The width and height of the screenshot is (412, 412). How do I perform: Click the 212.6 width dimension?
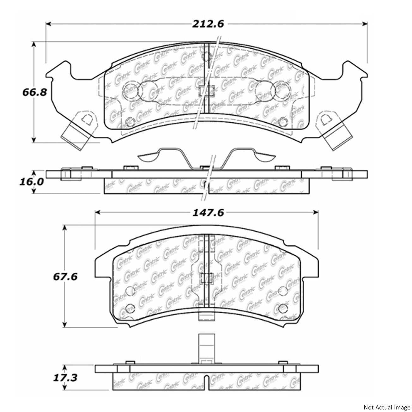tap(207, 24)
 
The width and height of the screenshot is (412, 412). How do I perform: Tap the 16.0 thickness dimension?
tap(34, 182)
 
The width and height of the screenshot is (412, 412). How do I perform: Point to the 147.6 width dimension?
tap(207, 213)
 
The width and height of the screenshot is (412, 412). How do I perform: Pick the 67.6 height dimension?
tap(65, 276)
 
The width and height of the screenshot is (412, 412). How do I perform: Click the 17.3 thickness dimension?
tap(65, 377)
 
